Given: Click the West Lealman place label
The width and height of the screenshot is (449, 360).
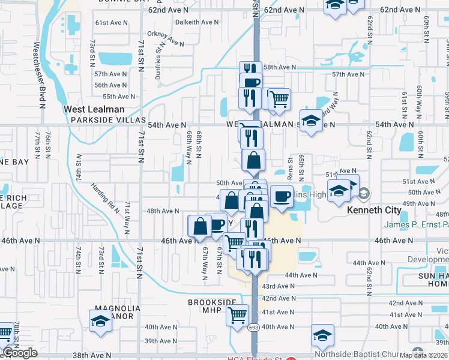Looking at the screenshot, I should [94, 109].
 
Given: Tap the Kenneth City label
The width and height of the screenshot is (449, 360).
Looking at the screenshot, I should [374, 211].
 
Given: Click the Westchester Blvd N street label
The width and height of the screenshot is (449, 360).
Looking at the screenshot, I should [40, 74].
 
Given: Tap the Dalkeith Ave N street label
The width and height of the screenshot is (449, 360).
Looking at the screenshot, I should [197, 22].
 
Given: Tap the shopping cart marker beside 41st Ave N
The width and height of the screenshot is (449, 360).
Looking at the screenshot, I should [237, 314].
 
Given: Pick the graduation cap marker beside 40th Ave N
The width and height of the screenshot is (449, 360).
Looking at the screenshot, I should [322, 334].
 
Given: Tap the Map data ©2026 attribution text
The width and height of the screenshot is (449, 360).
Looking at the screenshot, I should [422, 355].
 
